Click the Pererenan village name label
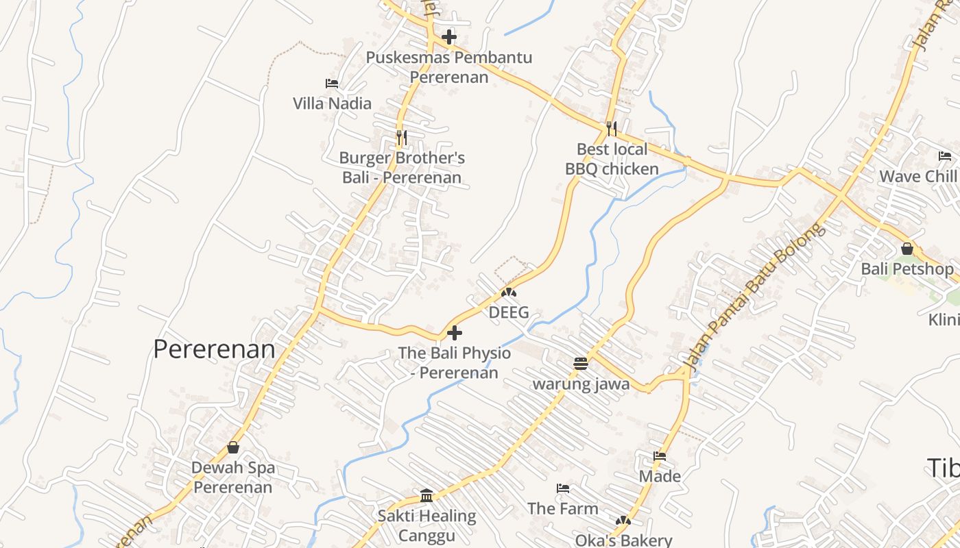tap(214, 349)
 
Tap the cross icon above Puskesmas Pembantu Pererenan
tap(449, 36)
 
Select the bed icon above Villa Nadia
tap(332, 84)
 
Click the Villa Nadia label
tap(332, 103)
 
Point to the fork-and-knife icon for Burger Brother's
tap(402, 137)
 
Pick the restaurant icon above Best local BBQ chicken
tap(611, 128)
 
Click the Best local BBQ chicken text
tap(612, 159)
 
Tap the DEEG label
tap(509, 312)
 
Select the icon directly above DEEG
tap(508, 292)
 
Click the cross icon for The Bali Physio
tap(454, 333)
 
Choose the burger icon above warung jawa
tap(581, 363)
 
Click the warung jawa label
tap(581, 384)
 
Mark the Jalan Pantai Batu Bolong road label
tap(755, 298)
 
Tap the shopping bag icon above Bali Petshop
tap(907, 249)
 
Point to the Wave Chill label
tap(917, 176)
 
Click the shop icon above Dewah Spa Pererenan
tap(233, 447)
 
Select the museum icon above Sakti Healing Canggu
tap(427, 495)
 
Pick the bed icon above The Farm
tap(563, 488)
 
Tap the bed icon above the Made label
tap(660, 456)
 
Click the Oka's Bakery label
tap(623, 540)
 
